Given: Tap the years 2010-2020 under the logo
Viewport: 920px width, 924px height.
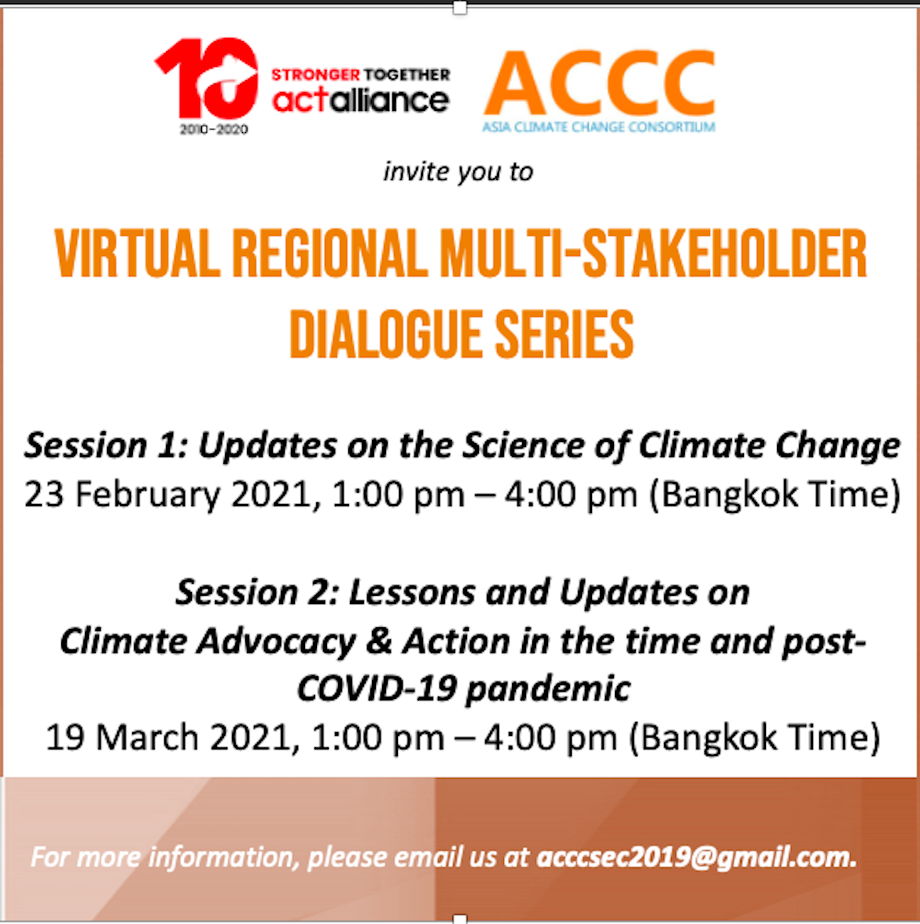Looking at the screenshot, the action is [214, 129].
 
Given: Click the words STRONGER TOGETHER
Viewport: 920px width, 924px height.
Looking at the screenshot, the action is [360, 74].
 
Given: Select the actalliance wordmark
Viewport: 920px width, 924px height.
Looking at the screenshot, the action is [360, 99].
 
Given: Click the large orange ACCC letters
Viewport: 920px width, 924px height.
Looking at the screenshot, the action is [600, 83].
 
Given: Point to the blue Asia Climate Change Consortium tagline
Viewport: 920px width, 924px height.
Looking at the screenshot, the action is [598, 127].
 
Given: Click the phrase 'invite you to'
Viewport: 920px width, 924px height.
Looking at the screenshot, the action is [458, 172].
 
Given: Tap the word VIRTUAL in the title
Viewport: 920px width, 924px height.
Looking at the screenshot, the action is [138, 254].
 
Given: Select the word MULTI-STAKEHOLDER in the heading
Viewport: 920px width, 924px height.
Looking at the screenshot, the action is [653, 254].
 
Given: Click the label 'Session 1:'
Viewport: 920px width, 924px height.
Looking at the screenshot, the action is [107, 446].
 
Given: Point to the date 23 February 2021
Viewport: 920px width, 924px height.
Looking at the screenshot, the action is [169, 494].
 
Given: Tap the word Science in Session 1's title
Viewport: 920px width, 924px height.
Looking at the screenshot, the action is [524, 446].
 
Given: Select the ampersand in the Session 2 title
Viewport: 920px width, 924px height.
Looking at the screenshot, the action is [379, 642].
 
